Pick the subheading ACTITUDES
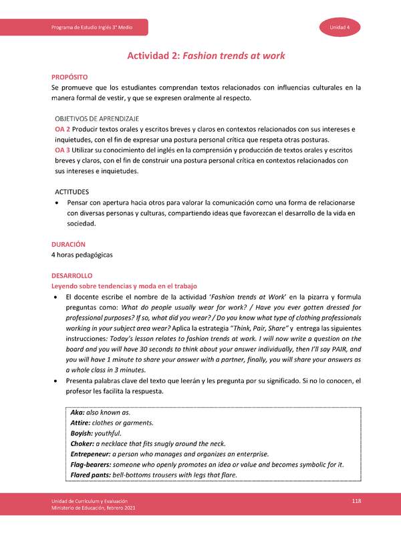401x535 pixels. (71, 191)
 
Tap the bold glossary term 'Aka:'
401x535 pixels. (78, 413)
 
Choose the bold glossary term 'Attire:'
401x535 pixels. (82, 423)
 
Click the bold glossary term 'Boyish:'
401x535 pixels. (83, 433)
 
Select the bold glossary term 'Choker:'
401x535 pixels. (83, 444)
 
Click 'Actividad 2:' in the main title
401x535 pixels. (152, 56)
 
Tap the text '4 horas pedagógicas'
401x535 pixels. (82, 255)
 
